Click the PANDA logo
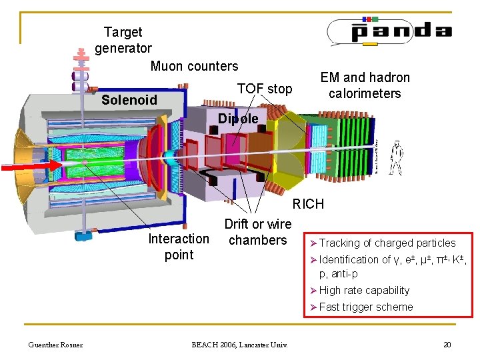(x=389, y=31)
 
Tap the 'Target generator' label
(x=123, y=40)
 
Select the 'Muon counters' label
(x=194, y=66)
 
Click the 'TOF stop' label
(x=265, y=89)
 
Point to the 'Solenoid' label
(x=129, y=101)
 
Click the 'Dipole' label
(x=238, y=119)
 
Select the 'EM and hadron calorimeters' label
(x=365, y=85)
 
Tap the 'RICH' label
(x=308, y=204)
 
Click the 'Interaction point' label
(x=179, y=247)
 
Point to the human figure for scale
(x=395, y=157)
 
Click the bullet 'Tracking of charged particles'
(x=387, y=243)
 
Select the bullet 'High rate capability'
(x=364, y=290)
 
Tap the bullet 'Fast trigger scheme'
(x=366, y=307)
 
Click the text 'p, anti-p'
(x=339, y=274)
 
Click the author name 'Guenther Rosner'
(x=55, y=345)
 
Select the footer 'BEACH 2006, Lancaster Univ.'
(x=239, y=345)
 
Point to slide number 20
(x=447, y=345)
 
